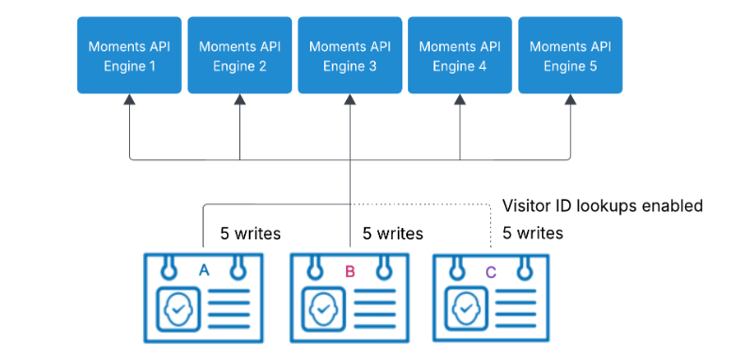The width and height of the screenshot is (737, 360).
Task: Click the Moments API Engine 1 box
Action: tap(129, 55)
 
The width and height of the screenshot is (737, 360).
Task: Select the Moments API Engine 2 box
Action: tap(239, 55)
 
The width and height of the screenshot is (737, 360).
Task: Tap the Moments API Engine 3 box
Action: tap(350, 55)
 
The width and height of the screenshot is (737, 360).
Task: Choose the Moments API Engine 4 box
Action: tap(460, 55)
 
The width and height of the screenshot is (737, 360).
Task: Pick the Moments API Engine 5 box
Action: tap(570, 55)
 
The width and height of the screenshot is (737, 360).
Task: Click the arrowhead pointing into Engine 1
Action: tap(129, 99)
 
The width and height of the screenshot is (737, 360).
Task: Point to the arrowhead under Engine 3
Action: tap(350, 99)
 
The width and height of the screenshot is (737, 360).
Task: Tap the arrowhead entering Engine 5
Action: tap(570, 99)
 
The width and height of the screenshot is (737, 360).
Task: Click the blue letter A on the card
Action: tap(204, 270)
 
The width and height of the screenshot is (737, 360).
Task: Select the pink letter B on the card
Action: tap(350, 271)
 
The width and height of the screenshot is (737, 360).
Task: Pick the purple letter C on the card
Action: tap(491, 272)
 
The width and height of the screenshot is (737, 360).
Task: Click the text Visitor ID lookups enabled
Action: tap(602, 205)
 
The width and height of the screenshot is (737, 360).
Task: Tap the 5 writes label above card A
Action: tap(250, 234)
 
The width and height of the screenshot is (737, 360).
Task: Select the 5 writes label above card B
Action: tap(392, 234)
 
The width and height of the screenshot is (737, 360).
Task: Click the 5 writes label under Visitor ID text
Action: tap(532, 233)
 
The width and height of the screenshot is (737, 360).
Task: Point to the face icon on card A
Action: tap(178, 309)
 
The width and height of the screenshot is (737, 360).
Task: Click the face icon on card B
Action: tap(323, 309)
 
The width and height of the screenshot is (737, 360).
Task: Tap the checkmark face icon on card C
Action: tap(466, 309)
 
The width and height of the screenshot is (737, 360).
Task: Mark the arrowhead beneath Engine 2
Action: tap(239, 99)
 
